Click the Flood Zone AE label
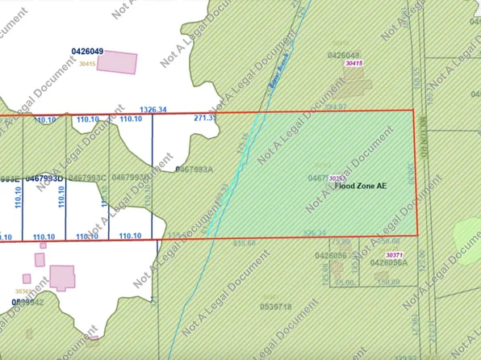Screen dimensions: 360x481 361,186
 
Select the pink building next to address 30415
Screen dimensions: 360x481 116,62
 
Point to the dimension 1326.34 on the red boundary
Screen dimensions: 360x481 153,109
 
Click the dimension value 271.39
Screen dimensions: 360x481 206,118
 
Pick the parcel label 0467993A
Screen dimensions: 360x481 194,170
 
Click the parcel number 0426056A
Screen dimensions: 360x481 388,262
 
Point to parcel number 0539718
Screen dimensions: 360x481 276,307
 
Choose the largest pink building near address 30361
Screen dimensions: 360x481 62,278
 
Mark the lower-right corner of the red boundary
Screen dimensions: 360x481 417,235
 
